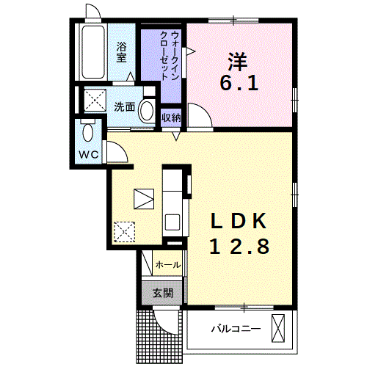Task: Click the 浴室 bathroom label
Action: click(121, 52)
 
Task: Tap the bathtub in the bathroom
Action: click(93, 52)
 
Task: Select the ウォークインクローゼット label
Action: click(169, 56)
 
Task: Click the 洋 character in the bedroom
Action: click(238, 61)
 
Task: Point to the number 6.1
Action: click(239, 83)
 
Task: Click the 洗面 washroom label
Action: click(125, 106)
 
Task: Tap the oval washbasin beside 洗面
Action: click(147, 110)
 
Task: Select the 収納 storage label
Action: click(171, 118)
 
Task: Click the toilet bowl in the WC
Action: click(88, 132)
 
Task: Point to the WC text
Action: click(89, 155)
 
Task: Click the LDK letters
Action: click(239, 221)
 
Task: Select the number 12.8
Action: click(239, 246)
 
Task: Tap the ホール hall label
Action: click(168, 265)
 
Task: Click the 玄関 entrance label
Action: click(163, 293)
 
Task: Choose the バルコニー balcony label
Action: click(236, 329)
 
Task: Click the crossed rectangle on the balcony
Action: click(278, 328)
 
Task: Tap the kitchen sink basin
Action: click(172, 222)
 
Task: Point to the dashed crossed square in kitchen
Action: click(124, 232)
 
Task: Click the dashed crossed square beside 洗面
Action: click(95, 101)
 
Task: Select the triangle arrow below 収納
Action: click(176, 136)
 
